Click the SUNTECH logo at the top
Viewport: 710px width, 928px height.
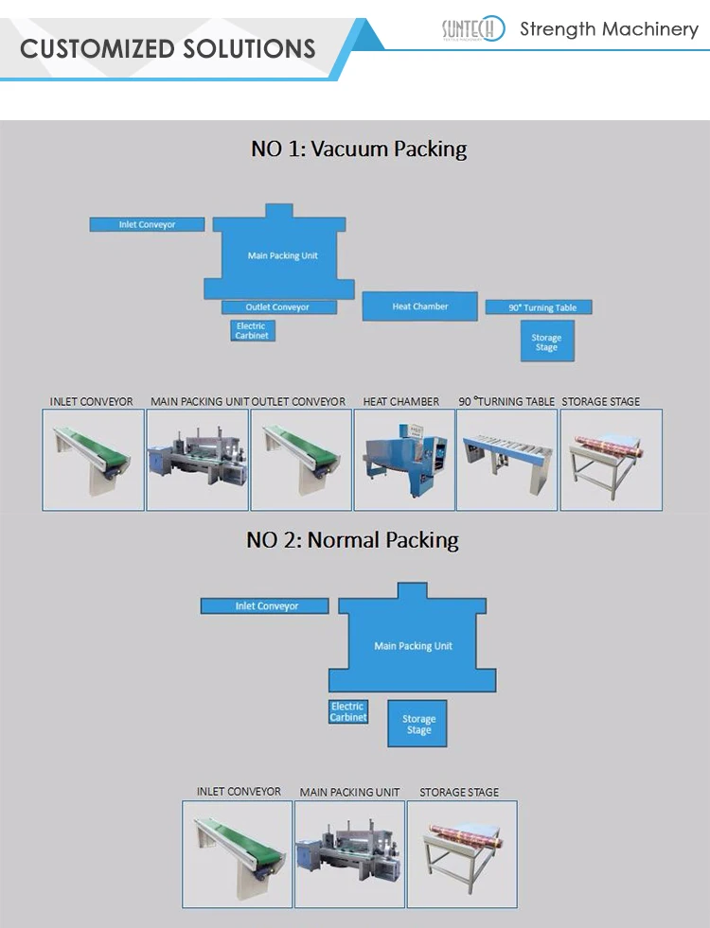coord(473,30)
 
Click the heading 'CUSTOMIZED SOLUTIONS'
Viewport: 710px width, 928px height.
coord(168,48)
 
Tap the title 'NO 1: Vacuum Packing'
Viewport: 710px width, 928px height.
coord(358,149)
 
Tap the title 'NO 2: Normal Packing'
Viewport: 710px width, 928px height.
coord(352,540)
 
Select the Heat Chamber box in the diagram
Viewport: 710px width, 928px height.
coord(419,306)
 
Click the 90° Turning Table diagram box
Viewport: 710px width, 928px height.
coord(538,307)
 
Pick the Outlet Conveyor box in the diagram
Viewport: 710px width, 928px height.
coord(278,307)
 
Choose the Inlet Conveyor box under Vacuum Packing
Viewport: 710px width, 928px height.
coord(147,225)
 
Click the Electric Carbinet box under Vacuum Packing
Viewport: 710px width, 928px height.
coord(252,331)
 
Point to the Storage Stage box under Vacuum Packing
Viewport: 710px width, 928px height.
coord(546,341)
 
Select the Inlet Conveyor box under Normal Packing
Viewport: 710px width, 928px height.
coord(265,606)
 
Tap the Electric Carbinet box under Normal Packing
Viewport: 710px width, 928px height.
coord(347,712)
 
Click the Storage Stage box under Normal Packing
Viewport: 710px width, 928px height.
coord(418,725)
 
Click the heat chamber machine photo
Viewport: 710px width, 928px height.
coord(404,460)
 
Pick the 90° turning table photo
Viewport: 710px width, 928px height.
coord(506,460)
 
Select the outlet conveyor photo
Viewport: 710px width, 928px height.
coord(301,460)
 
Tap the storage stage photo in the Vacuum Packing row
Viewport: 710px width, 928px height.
coord(611,460)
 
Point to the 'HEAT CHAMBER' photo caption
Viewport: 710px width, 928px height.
coord(401,402)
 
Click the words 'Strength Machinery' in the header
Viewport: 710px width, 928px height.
coord(609,29)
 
